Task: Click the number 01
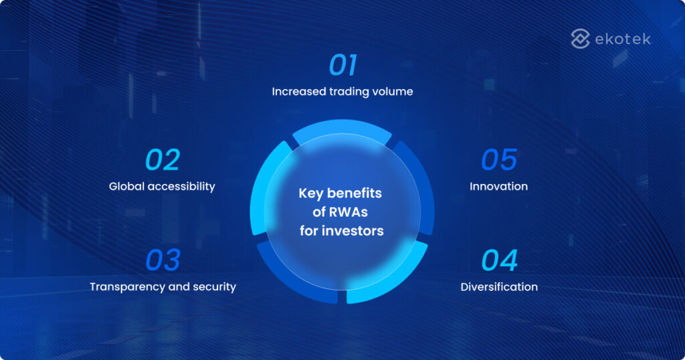tap(342, 66)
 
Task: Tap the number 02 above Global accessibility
tap(163, 161)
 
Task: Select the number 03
tap(163, 261)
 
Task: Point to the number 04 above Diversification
tap(499, 261)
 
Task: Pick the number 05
tap(499, 161)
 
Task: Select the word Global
tap(126, 186)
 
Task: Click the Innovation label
tap(498, 186)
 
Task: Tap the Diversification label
tap(499, 286)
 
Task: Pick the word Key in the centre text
tap(310, 193)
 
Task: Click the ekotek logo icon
tap(580, 39)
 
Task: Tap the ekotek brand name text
tap(622, 39)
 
